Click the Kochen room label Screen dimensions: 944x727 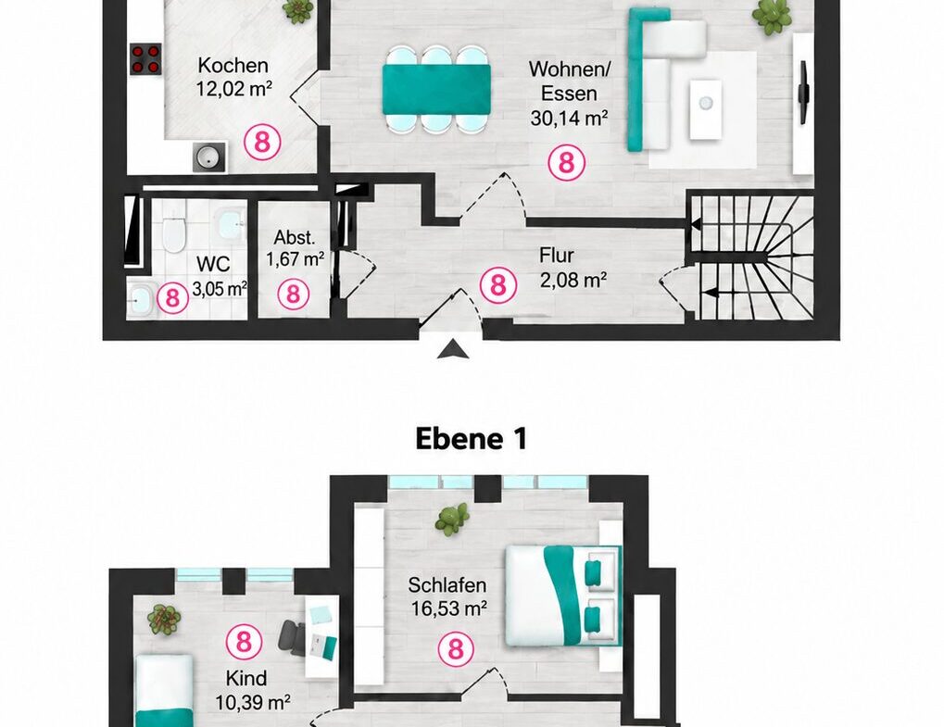233,65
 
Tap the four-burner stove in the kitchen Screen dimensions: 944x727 146,59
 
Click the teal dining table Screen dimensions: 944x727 436,89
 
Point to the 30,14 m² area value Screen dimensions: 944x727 569,118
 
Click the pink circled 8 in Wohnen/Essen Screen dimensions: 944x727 567,162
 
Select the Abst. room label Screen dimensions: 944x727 295,237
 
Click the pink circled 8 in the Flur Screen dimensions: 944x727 497,284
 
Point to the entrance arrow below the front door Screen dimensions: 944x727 453,350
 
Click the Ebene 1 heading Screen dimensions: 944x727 472,439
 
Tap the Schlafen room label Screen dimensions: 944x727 447,585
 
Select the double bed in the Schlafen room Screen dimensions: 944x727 563,595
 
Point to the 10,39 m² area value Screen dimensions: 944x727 253,702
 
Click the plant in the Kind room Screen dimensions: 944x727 164,620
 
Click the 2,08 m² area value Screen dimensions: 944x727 573,281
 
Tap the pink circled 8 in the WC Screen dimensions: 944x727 173,298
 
